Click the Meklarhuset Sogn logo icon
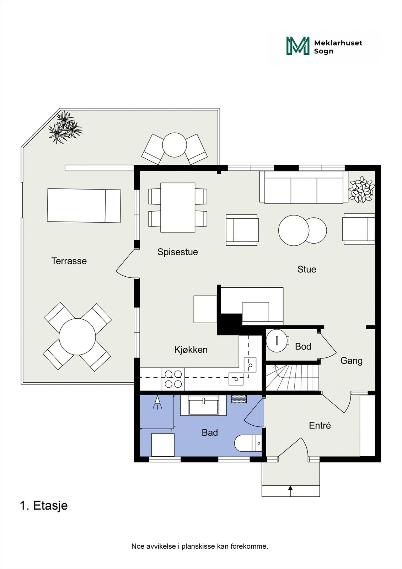click(298, 46)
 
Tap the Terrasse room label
click(69, 261)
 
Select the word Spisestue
click(177, 252)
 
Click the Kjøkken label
click(191, 350)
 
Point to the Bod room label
click(303, 346)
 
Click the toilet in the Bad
click(247, 443)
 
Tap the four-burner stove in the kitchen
click(173, 379)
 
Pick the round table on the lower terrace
click(77, 337)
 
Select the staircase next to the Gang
click(292, 378)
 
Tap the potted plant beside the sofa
click(361, 190)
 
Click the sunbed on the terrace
click(84, 206)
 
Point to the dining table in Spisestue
click(178, 207)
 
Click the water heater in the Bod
click(277, 341)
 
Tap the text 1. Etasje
click(44, 505)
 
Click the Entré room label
click(320, 425)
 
